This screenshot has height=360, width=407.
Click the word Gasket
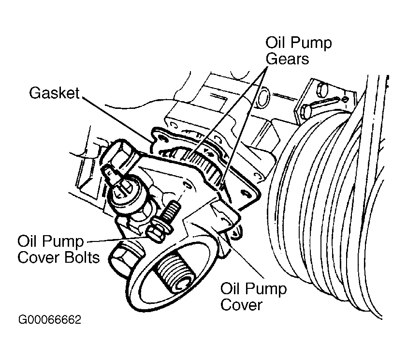[x=54, y=93]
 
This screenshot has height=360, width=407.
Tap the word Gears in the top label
[x=287, y=59]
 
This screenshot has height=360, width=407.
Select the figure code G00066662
[x=50, y=320]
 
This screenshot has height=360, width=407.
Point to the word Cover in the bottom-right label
[x=241, y=304]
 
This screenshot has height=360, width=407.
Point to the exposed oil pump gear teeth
[x=200, y=164]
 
